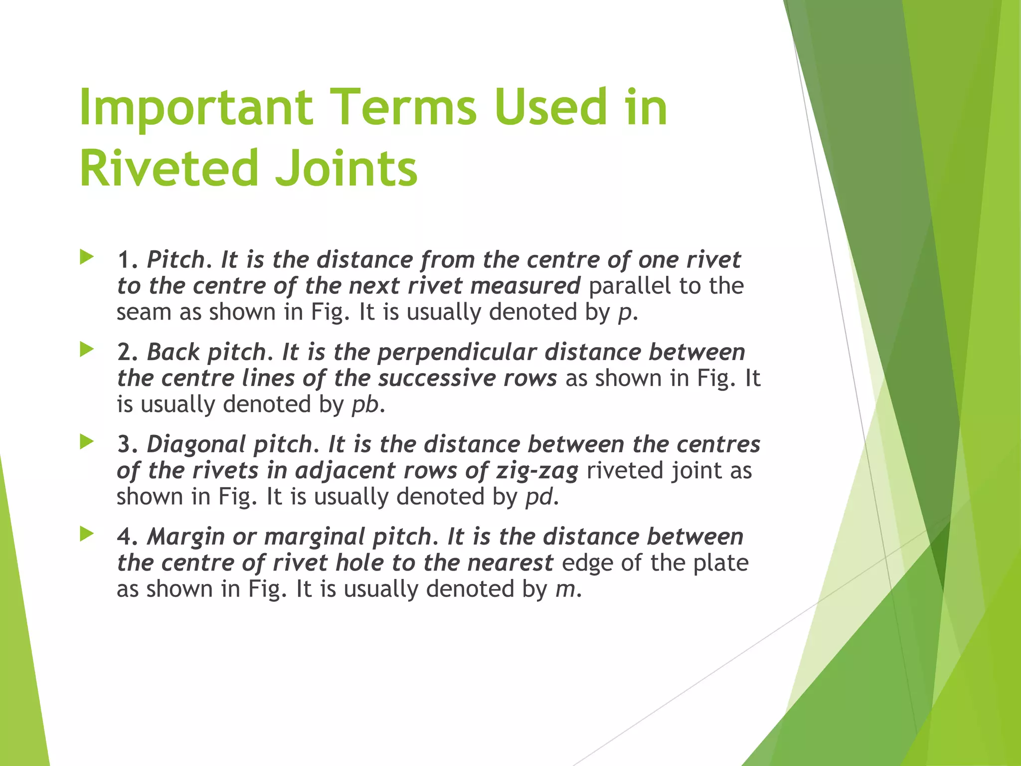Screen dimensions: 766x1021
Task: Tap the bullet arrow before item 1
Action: click(87, 258)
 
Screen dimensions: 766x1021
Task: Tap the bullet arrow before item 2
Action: click(87, 350)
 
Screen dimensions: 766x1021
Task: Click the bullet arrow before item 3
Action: click(87, 442)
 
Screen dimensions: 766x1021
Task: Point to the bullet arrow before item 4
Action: click(87, 535)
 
